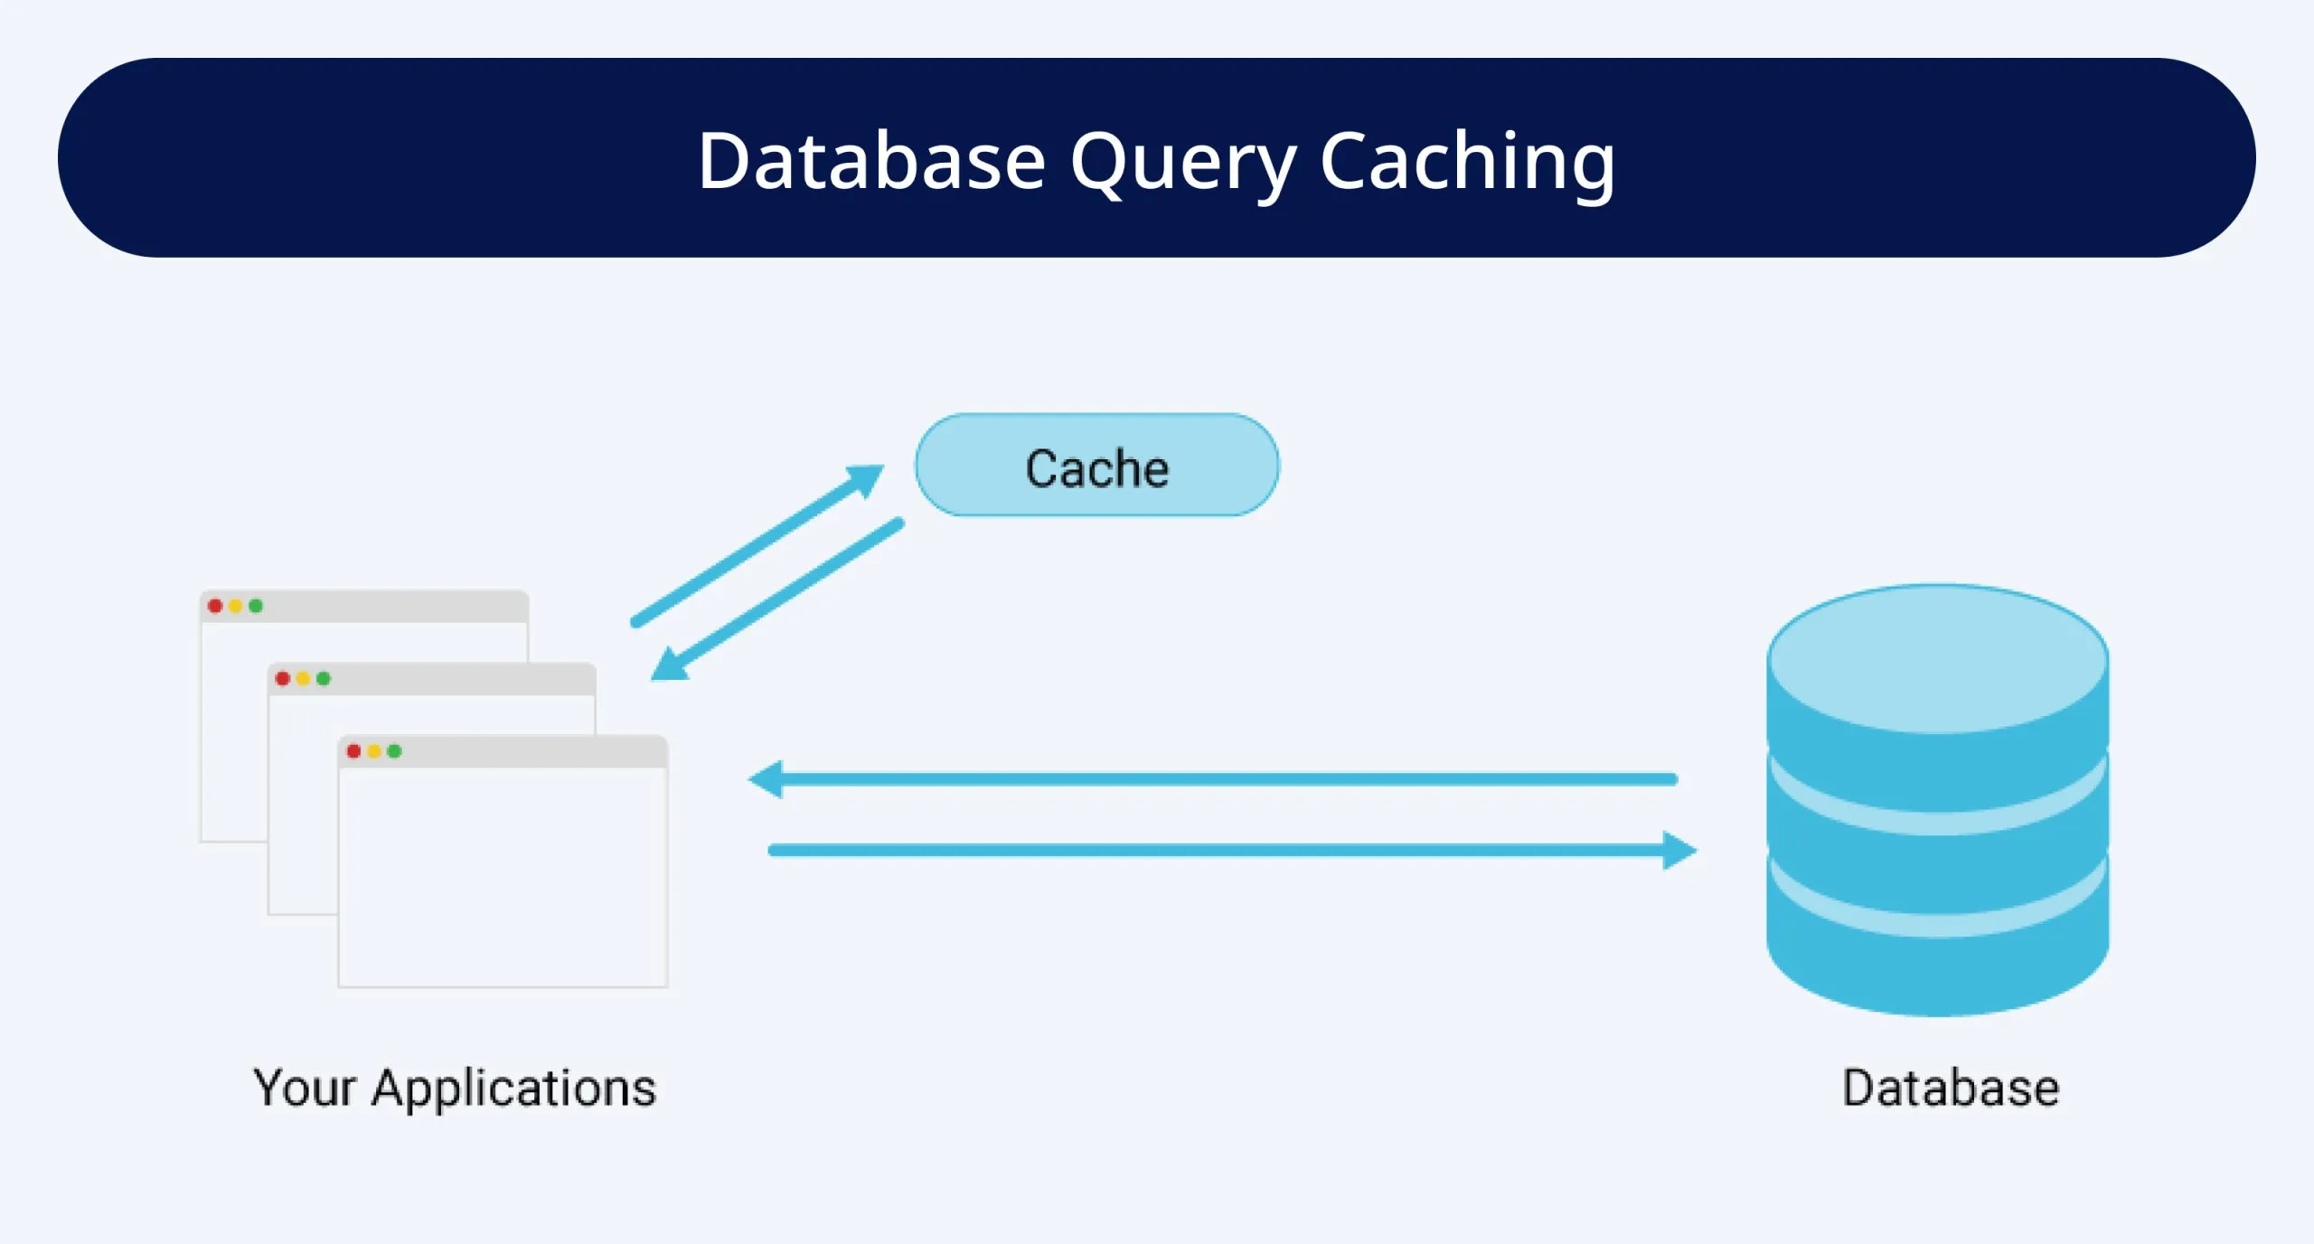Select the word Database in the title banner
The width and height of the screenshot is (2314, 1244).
click(x=871, y=163)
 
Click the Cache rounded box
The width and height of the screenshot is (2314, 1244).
click(x=1096, y=466)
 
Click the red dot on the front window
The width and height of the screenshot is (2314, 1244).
click(x=353, y=751)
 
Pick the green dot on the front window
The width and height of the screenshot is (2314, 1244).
click(x=394, y=751)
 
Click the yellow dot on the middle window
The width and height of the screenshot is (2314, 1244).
click(x=303, y=679)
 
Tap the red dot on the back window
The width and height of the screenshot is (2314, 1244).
click(x=215, y=606)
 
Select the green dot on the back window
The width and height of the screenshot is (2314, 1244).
click(x=256, y=606)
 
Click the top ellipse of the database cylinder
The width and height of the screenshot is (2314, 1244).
click(x=1937, y=658)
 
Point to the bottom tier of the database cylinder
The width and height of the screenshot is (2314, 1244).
click(x=1937, y=972)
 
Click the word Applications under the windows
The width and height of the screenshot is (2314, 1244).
click(x=513, y=1088)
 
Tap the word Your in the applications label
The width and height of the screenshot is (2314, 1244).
click(x=304, y=1088)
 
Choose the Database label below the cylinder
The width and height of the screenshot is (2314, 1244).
click(x=1951, y=1088)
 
